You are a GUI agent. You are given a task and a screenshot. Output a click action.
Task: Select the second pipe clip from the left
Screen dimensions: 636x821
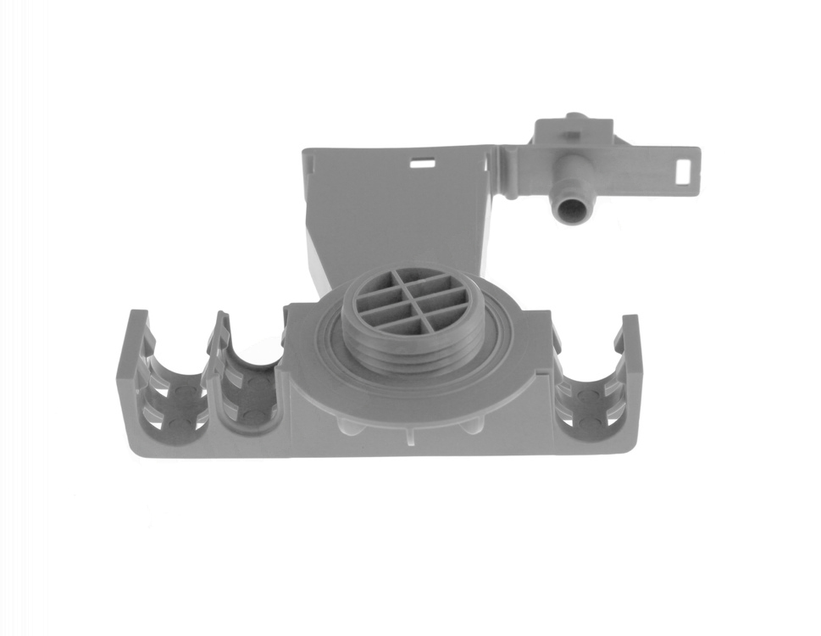(x=252, y=386)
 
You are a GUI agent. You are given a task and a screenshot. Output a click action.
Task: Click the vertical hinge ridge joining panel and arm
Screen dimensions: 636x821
(x=509, y=173)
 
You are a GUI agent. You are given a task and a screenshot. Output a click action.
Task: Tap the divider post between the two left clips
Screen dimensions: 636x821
(x=214, y=373)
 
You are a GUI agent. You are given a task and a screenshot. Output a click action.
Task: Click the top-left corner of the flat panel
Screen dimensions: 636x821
(x=308, y=153)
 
